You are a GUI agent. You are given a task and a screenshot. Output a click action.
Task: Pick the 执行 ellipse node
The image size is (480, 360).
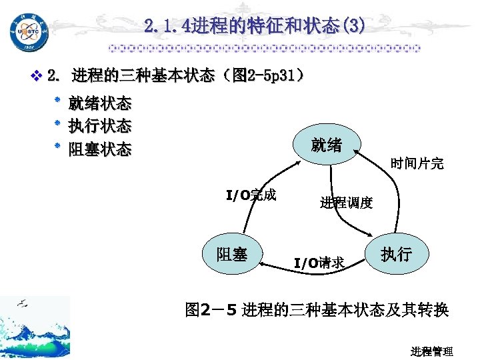(x=396, y=255)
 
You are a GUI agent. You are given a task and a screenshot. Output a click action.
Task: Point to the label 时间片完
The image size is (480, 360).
(x=417, y=163)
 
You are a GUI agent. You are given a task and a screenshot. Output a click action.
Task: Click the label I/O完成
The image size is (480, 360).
(x=251, y=195)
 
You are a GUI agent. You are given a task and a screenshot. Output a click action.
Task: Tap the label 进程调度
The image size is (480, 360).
(x=346, y=203)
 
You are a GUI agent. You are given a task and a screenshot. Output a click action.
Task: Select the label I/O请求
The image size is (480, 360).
(x=319, y=263)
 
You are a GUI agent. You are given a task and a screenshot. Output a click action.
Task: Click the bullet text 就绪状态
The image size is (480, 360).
(x=100, y=104)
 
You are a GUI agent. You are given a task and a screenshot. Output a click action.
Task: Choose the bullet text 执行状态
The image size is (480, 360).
(x=100, y=126)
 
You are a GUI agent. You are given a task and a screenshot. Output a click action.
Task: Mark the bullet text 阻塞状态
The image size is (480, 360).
(x=100, y=149)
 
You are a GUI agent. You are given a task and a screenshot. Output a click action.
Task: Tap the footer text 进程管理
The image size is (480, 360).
(x=432, y=351)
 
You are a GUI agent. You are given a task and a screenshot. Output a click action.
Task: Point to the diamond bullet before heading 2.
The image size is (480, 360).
(x=37, y=76)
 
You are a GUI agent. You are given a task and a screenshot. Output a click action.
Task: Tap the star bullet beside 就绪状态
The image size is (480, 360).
(x=57, y=102)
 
